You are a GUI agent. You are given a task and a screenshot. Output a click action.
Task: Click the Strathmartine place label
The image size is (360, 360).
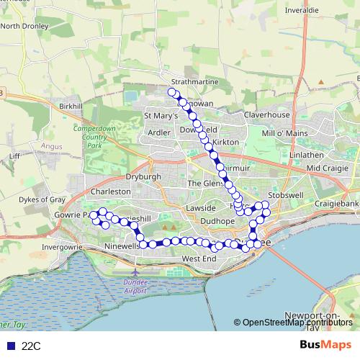[x=194, y=81]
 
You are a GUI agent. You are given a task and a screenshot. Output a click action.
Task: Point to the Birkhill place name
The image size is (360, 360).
[x=72, y=106]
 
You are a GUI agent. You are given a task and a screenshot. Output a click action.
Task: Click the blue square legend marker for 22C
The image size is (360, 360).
[x=9, y=346]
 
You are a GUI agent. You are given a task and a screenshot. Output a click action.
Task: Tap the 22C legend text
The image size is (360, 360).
[x=31, y=346]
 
